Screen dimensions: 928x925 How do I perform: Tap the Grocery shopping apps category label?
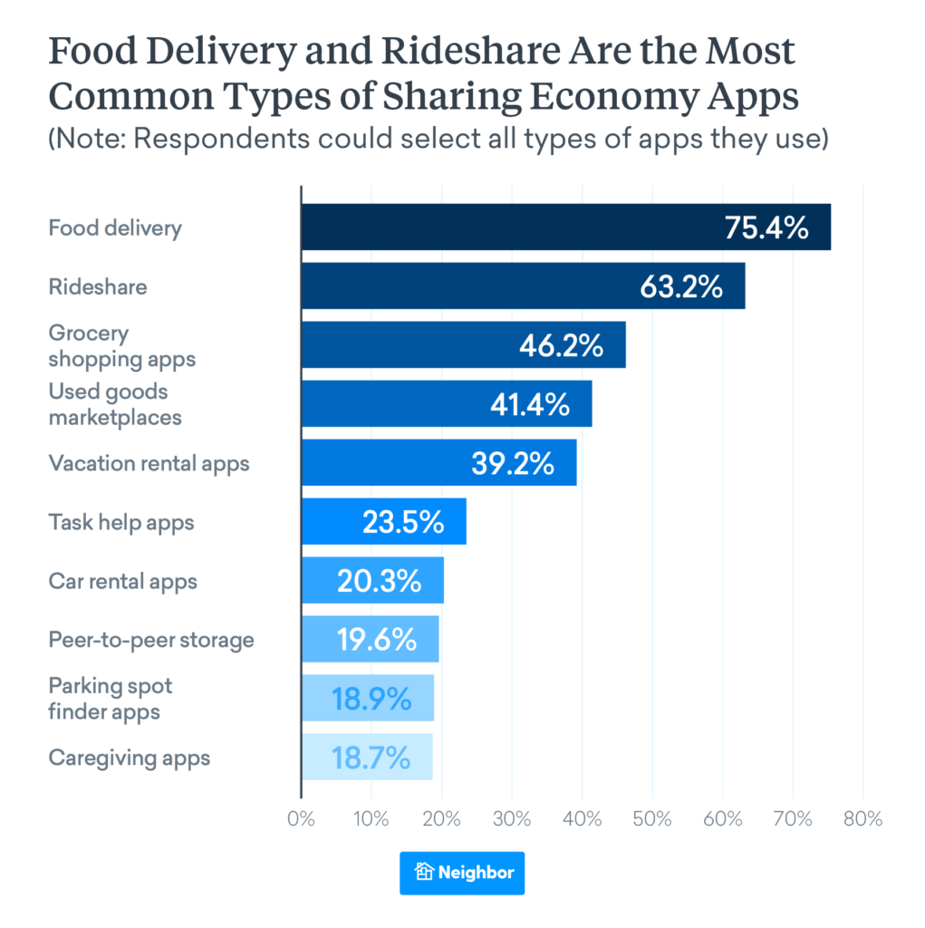pos(121,345)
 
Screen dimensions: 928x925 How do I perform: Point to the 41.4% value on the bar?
pos(531,403)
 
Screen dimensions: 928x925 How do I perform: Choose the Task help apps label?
pos(120,522)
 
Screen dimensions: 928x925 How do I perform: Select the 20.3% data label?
pos(379,580)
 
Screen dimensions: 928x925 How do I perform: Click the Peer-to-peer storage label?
pos(150,640)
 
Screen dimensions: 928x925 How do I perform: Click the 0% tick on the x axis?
pos(301,819)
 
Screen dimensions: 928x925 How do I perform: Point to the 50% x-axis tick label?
pos(651,819)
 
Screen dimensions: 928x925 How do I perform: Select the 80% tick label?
pos(862,819)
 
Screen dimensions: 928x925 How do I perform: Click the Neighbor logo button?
pos(462,873)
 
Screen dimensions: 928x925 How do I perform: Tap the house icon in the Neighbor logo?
pos(424,873)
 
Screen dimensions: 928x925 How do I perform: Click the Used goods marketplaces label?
pos(114,404)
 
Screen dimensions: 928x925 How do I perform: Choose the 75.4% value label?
pos(766,227)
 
